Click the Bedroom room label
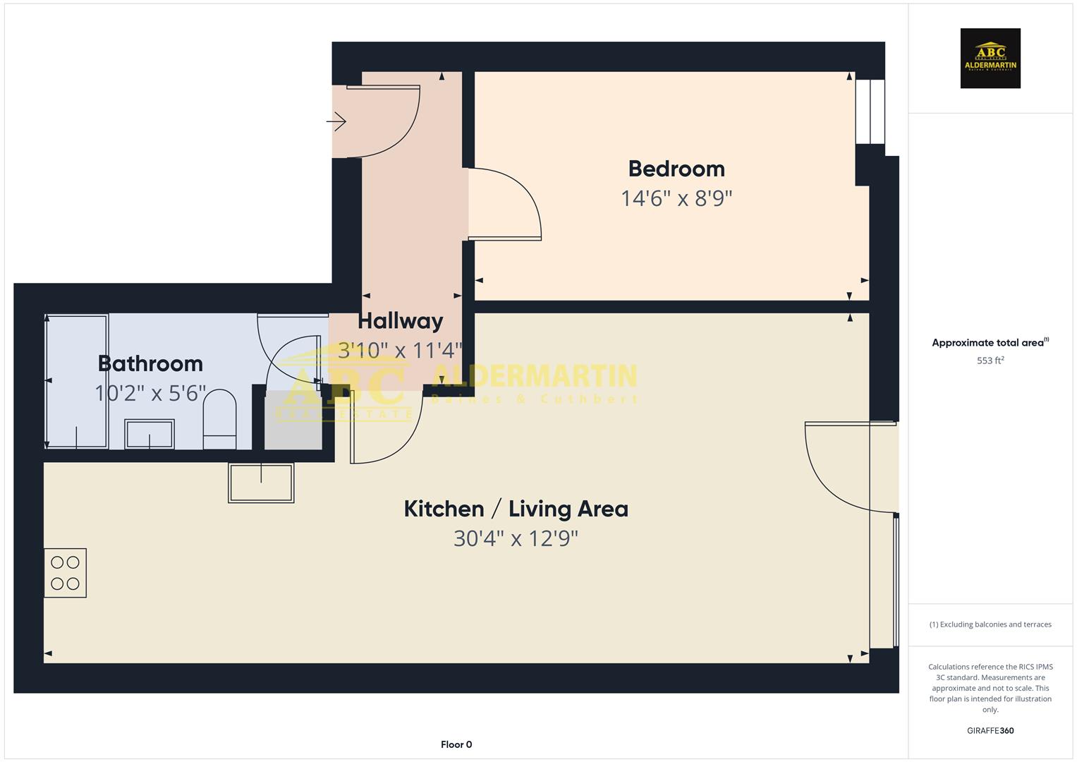[676, 169]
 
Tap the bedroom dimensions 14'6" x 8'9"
[676, 198]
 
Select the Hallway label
[400, 321]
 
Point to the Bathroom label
[150, 363]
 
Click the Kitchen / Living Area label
[516, 509]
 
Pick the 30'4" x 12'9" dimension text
[516, 539]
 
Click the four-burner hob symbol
[65, 573]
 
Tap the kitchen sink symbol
[261, 483]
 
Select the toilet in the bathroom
[219, 419]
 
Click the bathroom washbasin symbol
[150, 434]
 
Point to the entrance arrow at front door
[336, 122]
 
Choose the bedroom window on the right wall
[870, 111]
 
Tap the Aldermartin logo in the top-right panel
[990, 59]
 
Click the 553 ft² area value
[990, 361]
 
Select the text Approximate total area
[987, 343]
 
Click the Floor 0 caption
[456, 744]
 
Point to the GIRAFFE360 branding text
[990, 731]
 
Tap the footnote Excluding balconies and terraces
[990, 624]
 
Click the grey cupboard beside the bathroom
[293, 421]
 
